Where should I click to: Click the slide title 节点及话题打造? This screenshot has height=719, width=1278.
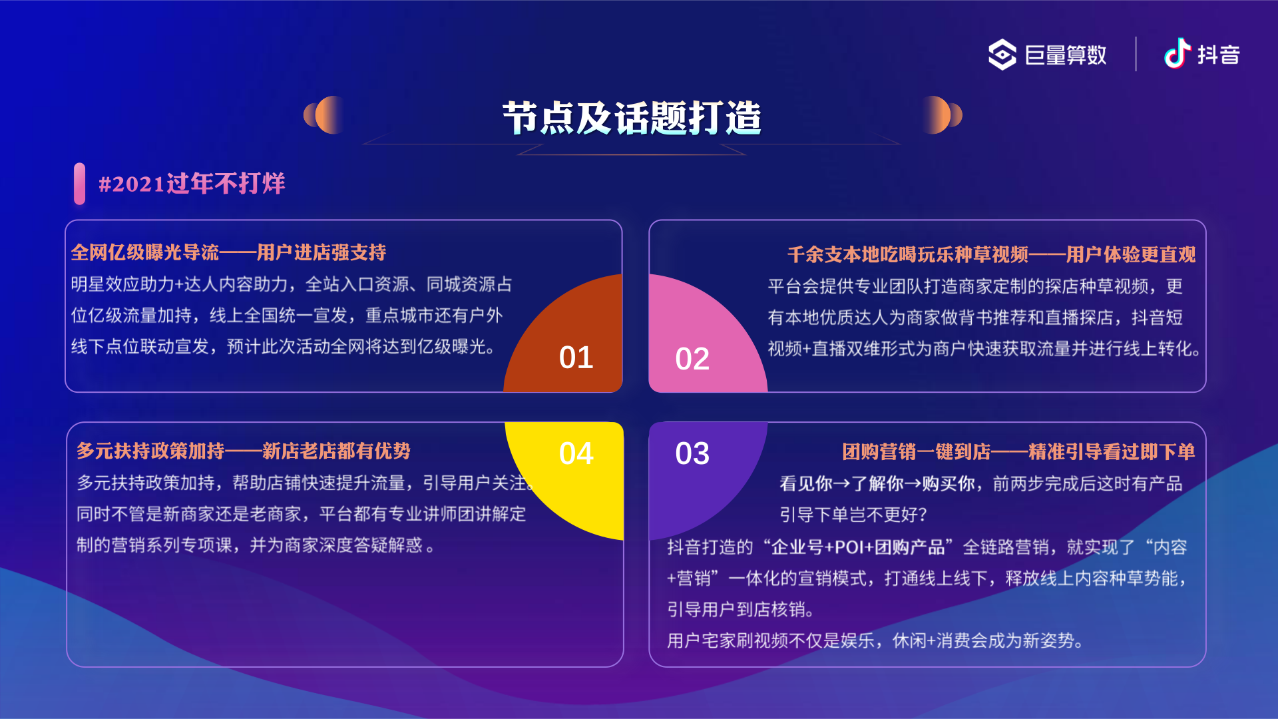pos(632,119)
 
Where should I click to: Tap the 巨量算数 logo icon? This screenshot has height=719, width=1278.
pos(1002,55)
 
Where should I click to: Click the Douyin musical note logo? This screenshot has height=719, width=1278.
pos(1177,53)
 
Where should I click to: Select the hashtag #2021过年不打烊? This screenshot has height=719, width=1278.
pos(192,184)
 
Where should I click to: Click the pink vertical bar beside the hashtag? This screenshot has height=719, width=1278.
pos(80,184)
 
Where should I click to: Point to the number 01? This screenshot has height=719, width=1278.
pos(576,358)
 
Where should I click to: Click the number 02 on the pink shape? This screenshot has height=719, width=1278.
pos(692,359)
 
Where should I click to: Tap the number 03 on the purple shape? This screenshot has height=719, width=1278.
pos(692,453)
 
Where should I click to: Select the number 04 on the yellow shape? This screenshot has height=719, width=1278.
pos(576,453)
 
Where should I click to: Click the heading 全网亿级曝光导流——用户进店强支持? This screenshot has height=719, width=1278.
pos(228,252)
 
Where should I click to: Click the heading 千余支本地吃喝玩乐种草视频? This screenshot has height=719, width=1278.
pos(908,254)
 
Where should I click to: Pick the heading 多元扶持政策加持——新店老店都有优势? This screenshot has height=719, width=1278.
pos(244,451)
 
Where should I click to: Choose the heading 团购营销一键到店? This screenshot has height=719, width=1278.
pos(917,452)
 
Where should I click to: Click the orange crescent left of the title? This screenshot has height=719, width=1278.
pos(324,115)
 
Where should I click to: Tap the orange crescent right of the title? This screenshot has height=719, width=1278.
pos(941,115)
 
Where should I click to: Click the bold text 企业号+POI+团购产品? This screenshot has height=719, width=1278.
pos(858,547)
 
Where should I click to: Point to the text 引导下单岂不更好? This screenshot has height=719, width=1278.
pos(853,515)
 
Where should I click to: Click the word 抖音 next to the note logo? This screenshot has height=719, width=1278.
pos(1219,55)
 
